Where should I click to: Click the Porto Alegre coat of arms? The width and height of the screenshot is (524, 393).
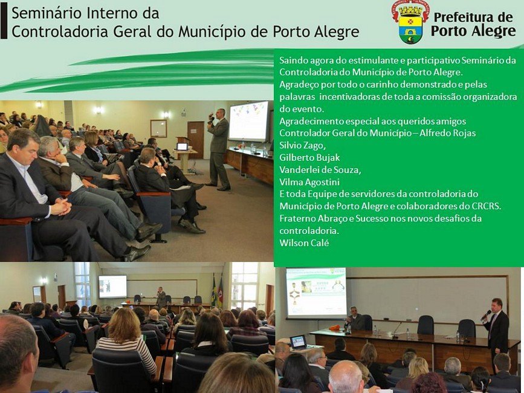pyautogui.click(x=410, y=22)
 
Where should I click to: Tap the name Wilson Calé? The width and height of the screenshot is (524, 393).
pyautogui.click(x=304, y=242)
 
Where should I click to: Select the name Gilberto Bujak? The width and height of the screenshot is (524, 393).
pyautogui.click(x=309, y=158)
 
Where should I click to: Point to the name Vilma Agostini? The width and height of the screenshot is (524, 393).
pyautogui.click(x=309, y=182)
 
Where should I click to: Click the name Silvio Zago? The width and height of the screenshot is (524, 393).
pyautogui.click(x=302, y=145)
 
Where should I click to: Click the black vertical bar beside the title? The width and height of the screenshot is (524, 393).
pyautogui.click(x=4, y=22)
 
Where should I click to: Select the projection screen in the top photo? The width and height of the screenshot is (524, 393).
pyautogui.click(x=248, y=121)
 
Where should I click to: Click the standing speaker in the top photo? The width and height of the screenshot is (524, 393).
pyautogui.click(x=218, y=149)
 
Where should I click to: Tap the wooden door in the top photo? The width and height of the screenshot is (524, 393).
pyautogui.click(x=196, y=140)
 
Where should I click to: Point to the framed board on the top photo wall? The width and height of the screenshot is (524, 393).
pyautogui.click(x=158, y=128)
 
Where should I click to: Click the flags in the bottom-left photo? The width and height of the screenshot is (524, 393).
pyautogui.click(x=217, y=291)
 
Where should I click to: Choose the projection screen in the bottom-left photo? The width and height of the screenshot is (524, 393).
pyautogui.click(x=112, y=287)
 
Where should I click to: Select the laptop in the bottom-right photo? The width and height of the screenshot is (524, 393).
pyautogui.click(x=298, y=342)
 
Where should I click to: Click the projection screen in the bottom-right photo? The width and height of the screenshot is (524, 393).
pyautogui.click(x=316, y=293)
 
